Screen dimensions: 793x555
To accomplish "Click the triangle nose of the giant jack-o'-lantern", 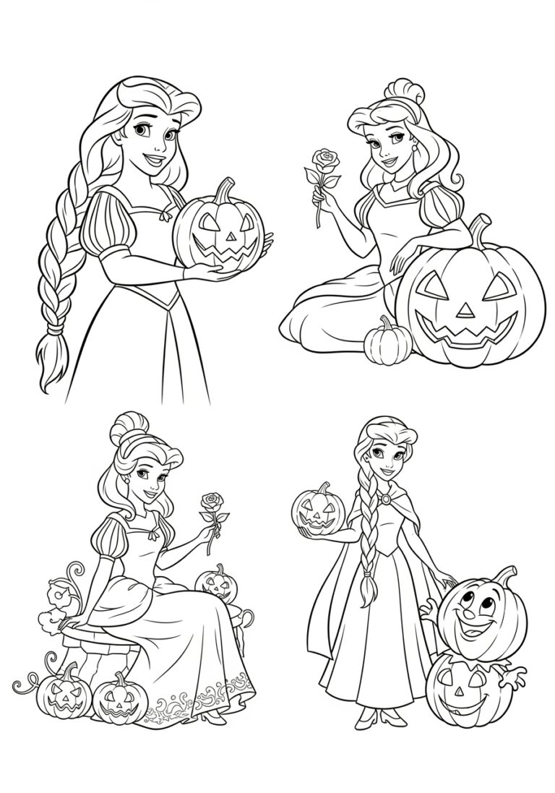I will (x=466, y=309).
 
